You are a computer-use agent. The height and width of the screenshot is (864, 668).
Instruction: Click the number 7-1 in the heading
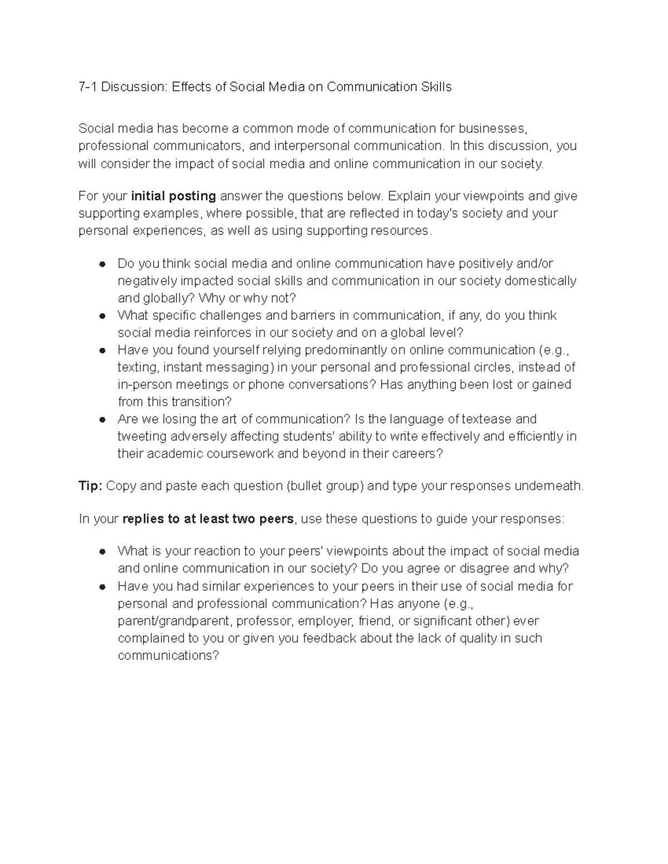(88, 87)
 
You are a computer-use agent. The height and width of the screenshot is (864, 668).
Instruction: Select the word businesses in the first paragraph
(492, 129)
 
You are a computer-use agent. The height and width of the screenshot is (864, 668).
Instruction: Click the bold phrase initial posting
(173, 196)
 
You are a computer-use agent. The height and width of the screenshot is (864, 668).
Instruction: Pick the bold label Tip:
(90, 486)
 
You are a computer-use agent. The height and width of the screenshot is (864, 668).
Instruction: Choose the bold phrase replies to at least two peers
(208, 519)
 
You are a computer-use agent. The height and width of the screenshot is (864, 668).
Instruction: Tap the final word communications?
(169, 655)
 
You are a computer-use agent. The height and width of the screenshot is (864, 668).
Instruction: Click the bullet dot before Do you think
(102, 264)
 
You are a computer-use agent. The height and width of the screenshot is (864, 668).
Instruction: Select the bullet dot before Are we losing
(102, 419)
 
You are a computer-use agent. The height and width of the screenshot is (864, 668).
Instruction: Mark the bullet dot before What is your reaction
(102, 551)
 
